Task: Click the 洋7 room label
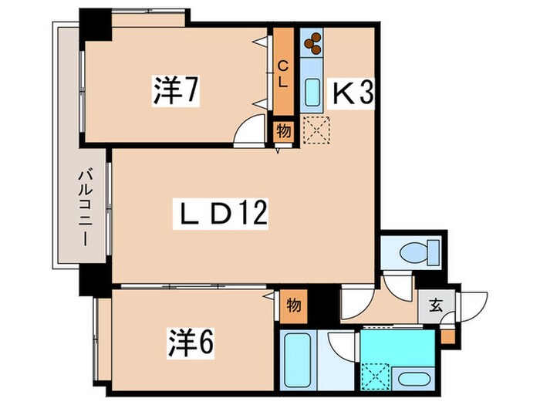[x=177, y=91]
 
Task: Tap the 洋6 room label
[x=191, y=344]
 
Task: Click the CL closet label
[x=283, y=74]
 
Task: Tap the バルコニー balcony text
[x=85, y=208]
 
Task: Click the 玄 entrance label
[x=436, y=305]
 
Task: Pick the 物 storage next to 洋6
[x=293, y=306]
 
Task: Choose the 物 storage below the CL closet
[x=284, y=131]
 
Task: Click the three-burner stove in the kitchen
[x=312, y=42]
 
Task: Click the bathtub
[x=297, y=360]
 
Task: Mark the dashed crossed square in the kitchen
[x=316, y=130]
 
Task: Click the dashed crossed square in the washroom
[x=376, y=376]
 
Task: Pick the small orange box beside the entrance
[x=447, y=337]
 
